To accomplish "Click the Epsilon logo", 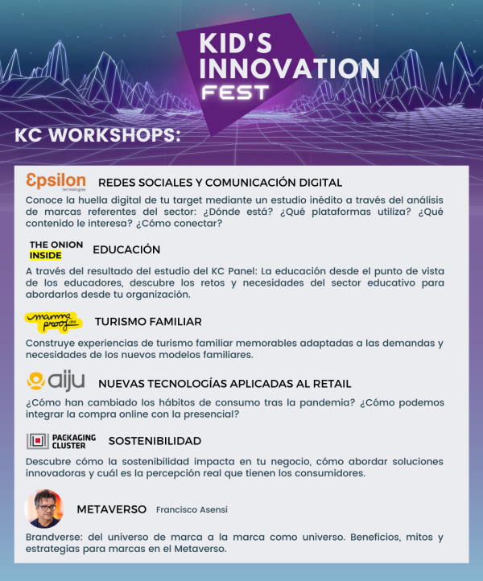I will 56,181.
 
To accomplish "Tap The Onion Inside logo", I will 51,249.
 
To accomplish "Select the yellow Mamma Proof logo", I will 53,322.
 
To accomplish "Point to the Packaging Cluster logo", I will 60,440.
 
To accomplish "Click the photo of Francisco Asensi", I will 44,509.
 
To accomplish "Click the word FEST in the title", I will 236,92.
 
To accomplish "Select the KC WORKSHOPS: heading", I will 98,134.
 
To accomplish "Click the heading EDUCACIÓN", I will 126,249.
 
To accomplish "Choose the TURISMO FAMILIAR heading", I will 148,322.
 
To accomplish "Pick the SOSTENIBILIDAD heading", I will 155,441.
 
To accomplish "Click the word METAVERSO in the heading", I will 111,509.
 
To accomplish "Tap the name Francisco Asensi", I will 191,510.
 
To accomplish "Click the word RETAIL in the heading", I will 331,383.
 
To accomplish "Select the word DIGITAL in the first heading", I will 319,183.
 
